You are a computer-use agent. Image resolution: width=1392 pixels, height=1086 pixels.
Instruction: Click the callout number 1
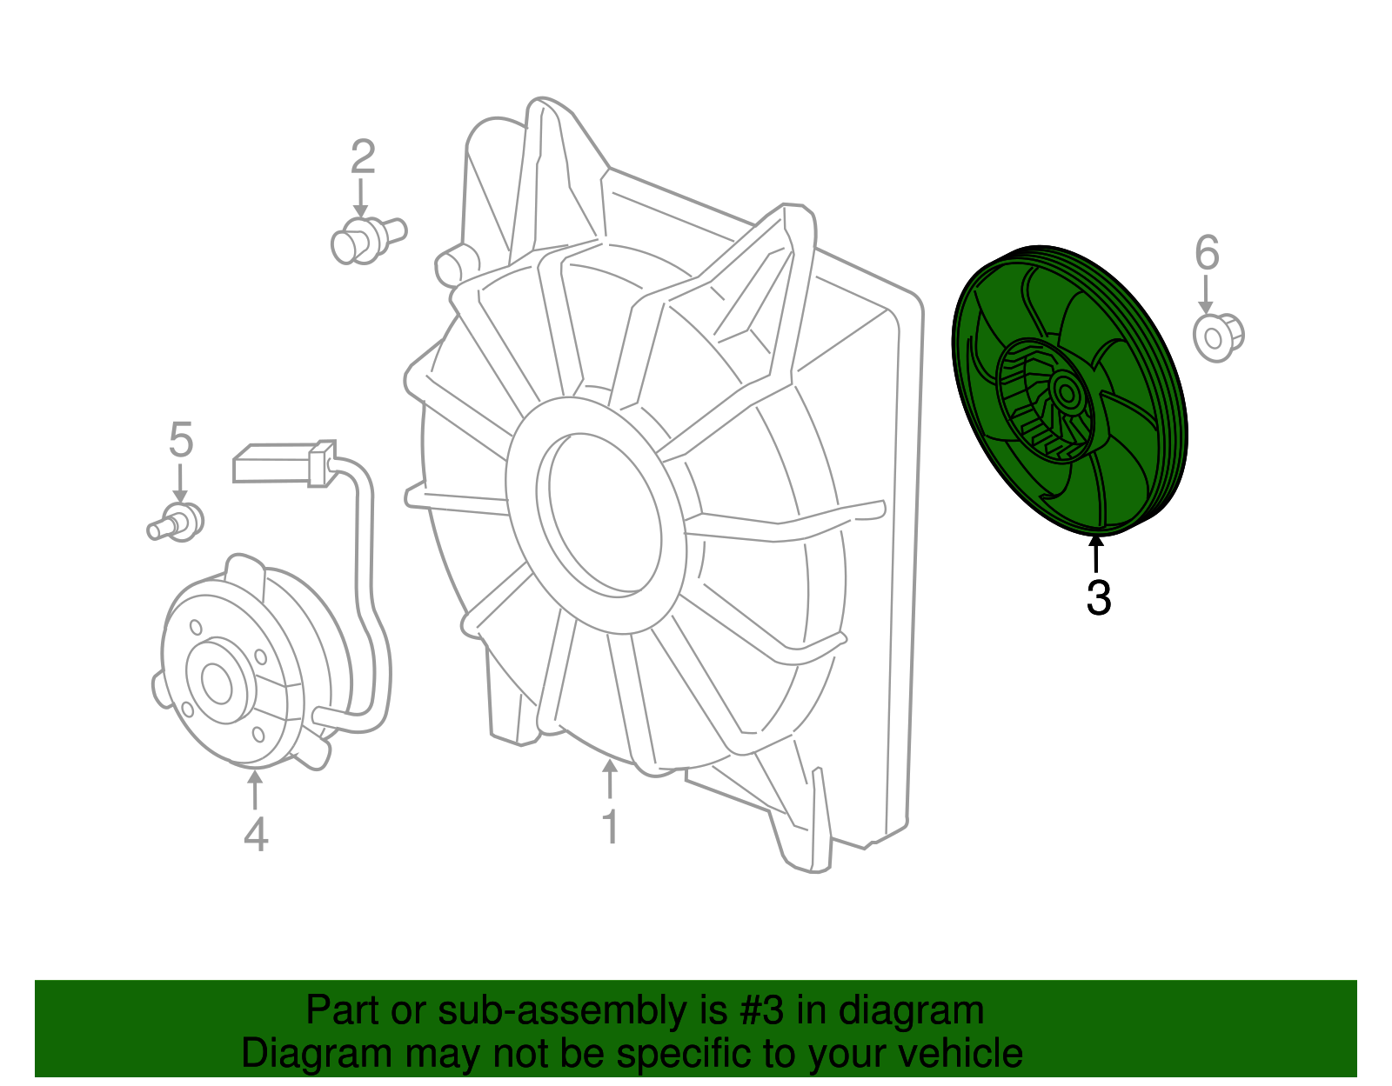[611, 826]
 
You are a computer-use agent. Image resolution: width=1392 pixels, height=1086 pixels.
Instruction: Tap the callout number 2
[363, 157]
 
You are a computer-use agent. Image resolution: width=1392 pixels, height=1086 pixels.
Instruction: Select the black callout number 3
[1099, 597]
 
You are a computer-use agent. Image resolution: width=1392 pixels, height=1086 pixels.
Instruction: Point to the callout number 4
[255, 835]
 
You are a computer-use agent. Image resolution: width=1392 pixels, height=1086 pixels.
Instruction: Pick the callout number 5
[180, 440]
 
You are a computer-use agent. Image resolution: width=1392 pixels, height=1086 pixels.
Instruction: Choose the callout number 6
[1207, 253]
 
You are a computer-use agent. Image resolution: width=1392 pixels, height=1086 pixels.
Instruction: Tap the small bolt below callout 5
[177, 521]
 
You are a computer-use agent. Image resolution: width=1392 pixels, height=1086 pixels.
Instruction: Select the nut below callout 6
[1217, 336]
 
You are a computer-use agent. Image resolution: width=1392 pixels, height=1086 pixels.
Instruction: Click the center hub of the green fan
[1065, 393]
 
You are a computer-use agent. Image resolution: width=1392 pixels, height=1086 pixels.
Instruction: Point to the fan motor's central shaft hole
[217, 683]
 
